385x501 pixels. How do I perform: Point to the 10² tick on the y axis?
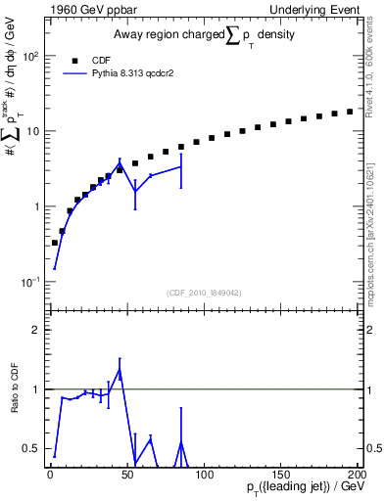[x=31, y=56]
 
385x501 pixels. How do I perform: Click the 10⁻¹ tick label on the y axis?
[x=30, y=282]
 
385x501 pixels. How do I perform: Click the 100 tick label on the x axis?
[x=202, y=474]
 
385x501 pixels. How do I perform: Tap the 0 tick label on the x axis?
[x=49, y=474]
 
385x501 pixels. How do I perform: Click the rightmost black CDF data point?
[x=350, y=112]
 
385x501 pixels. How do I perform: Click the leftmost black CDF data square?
[x=54, y=242]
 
